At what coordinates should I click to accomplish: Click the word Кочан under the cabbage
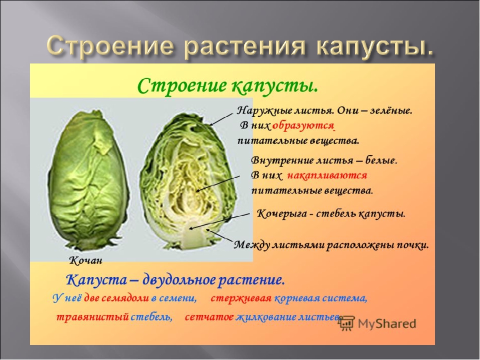85,260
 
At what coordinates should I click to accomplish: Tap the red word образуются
303,125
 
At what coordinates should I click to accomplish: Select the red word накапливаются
327,175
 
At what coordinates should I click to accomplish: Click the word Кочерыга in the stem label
281,213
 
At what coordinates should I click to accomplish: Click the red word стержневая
241,298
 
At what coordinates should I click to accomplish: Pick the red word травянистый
92,317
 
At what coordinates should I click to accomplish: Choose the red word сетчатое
209,317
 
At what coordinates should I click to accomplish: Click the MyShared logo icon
347,323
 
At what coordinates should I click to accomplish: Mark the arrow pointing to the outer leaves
221,119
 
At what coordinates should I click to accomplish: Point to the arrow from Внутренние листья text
217,184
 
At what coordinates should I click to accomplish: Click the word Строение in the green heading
181,85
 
